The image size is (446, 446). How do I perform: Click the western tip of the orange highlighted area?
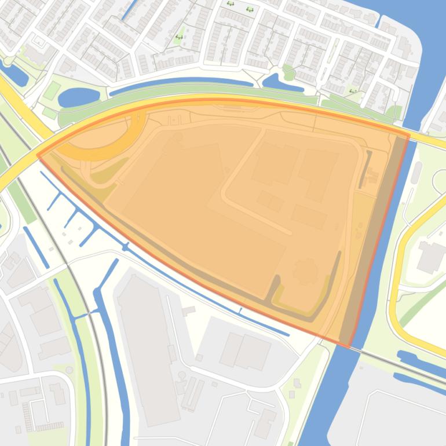click(38, 154)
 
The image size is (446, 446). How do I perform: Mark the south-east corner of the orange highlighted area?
click(349, 346)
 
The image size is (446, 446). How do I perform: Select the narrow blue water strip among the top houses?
click(129, 8)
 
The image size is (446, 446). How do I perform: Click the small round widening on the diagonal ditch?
click(125, 247)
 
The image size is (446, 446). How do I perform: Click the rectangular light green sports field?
click(52, 90)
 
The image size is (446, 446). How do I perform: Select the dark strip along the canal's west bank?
click(371, 237)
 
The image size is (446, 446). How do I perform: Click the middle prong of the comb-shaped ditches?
click(73, 217)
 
